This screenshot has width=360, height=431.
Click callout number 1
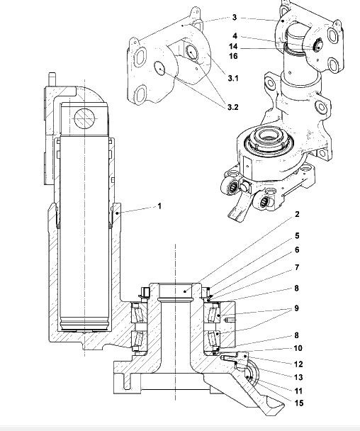coord(159,206)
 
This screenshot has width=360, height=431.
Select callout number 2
coord(297,214)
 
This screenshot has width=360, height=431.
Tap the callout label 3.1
coord(233,79)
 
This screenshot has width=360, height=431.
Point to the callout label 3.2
coord(232,107)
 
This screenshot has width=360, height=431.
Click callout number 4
coord(235,36)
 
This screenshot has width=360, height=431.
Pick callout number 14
coord(233,47)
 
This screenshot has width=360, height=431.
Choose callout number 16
coord(233,56)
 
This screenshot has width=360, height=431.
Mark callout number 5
coord(297,236)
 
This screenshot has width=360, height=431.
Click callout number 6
coord(297,250)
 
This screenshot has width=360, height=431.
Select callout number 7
coord(297,267)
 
